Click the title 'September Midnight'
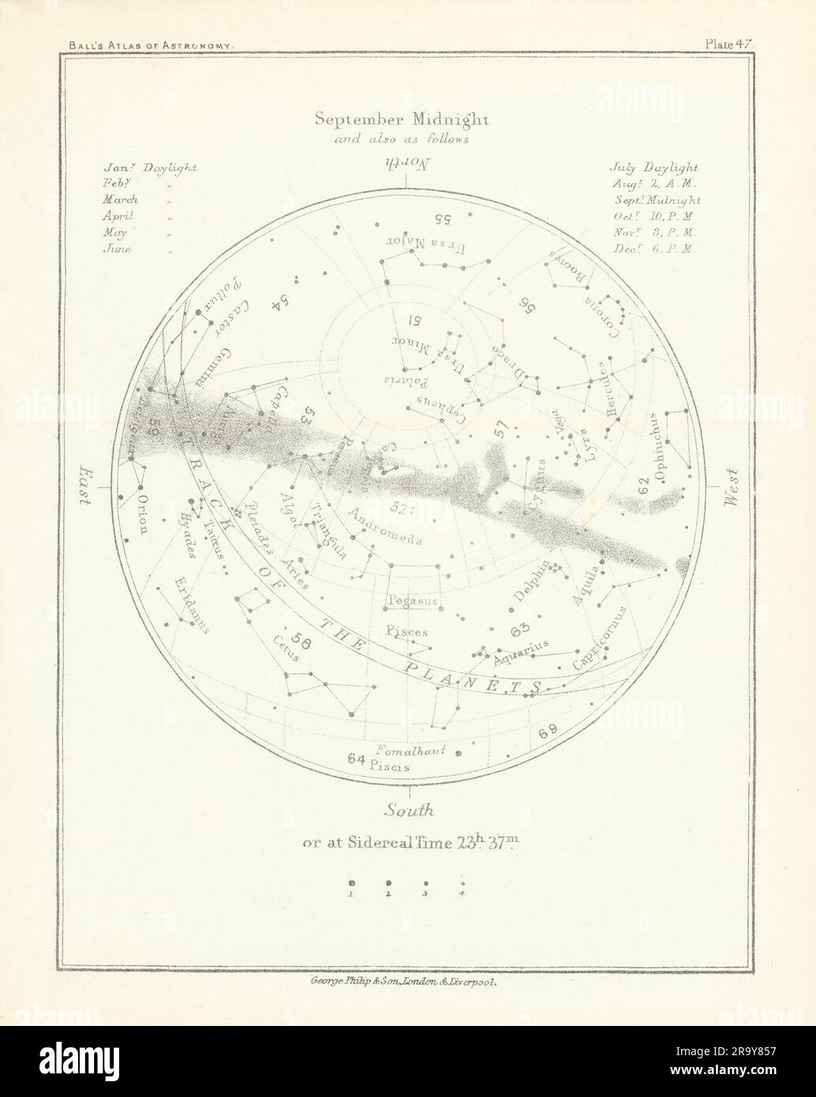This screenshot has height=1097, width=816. [402, 120]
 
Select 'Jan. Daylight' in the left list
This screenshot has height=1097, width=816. [149, 168]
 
